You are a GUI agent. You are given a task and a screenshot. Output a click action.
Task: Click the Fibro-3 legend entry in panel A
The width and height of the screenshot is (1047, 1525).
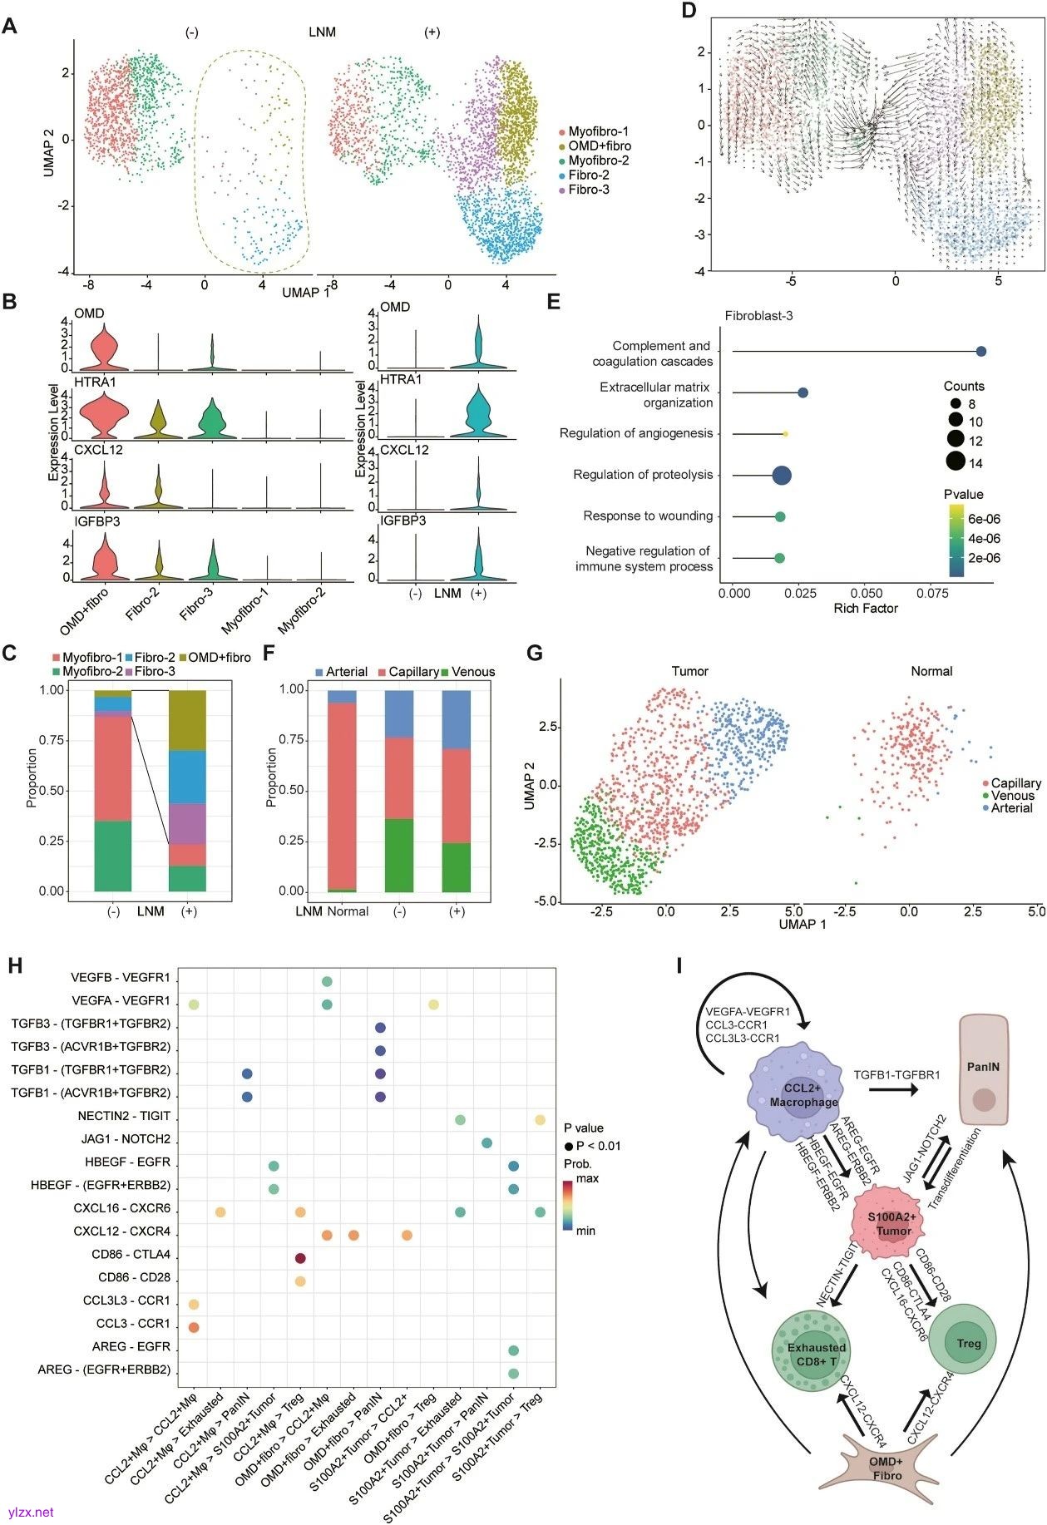pos(588,190)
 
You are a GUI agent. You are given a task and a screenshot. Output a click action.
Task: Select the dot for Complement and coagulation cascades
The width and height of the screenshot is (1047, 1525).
pos(981,352)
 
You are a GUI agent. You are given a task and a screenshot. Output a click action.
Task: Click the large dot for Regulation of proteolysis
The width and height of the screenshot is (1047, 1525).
pos(782,475)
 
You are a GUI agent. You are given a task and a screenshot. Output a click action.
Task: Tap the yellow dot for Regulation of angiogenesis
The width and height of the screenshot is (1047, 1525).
pos(785,433)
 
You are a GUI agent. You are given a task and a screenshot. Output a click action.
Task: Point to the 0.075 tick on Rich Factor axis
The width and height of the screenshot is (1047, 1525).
pos(933,594)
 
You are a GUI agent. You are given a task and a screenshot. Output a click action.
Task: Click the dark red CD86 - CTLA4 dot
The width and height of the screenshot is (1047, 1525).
pos(300,1258)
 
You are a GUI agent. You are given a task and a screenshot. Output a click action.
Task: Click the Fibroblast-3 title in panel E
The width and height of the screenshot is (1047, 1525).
pos(758,317)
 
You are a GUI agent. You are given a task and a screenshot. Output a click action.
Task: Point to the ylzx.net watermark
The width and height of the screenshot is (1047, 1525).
pos(31,1513)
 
